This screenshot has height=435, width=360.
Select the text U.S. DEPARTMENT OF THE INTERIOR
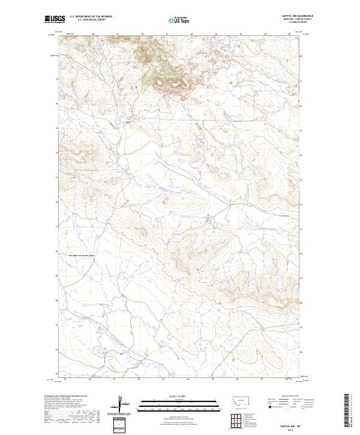(x=91, y=17)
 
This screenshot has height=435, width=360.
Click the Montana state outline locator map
(x=235, y=400)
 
